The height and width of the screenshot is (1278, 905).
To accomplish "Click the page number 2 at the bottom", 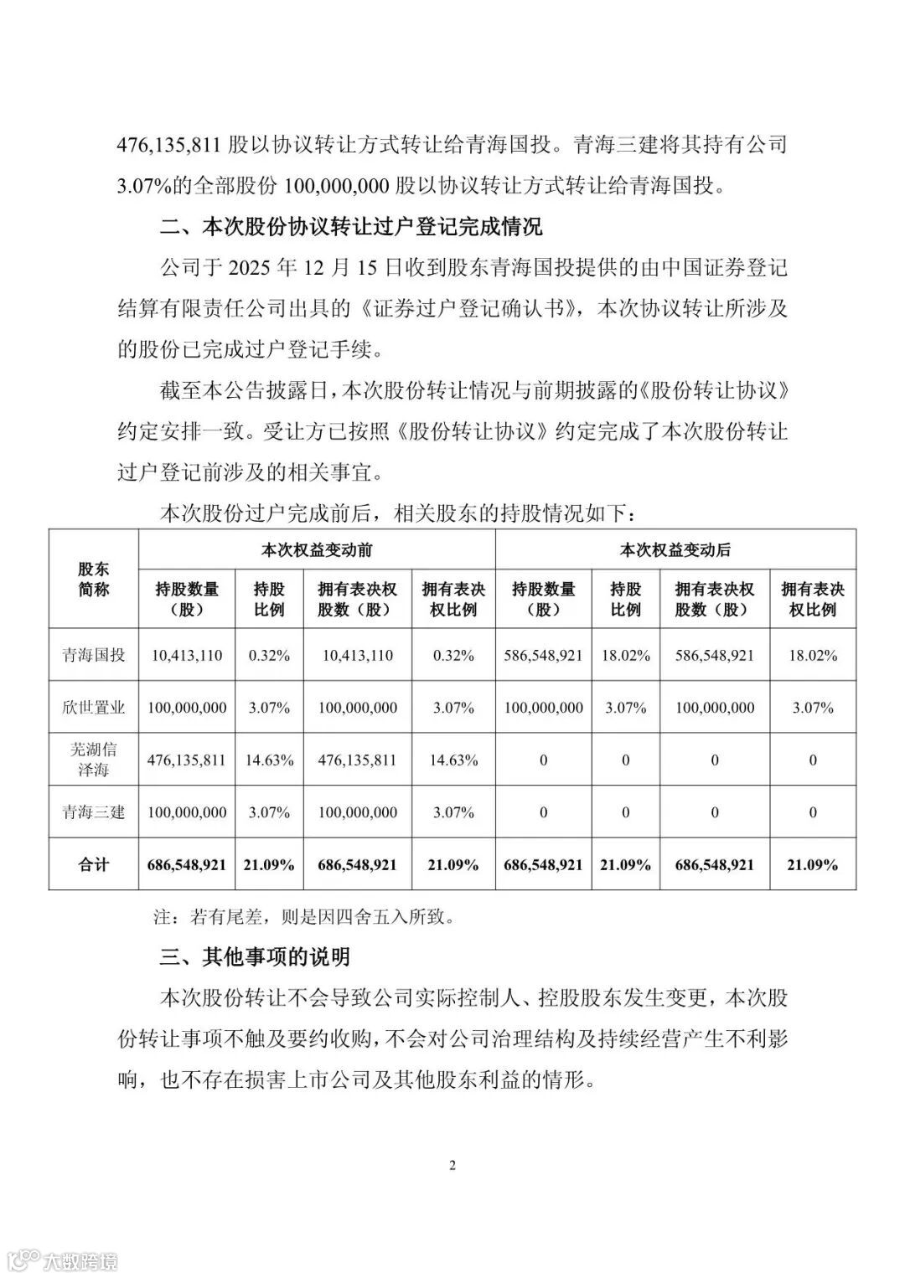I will [x=452, y=1165].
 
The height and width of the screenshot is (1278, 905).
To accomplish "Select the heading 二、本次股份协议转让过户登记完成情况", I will [x=351, y=226].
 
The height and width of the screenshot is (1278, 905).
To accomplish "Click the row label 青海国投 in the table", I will [x=94, y=655].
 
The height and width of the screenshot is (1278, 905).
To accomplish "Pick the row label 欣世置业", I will [x=94, y=708].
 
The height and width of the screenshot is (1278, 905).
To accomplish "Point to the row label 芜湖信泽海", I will [x=94, y=760].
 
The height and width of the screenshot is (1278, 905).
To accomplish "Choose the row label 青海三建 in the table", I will [x=94, y=812].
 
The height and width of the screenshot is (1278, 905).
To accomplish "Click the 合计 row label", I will [x=94, y=864].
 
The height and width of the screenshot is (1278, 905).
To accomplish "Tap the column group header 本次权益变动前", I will [x=317, y=550].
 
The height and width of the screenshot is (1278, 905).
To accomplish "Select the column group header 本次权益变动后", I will [x=675, y=550].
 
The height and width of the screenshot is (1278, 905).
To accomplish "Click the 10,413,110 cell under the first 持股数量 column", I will [x=187, y=655].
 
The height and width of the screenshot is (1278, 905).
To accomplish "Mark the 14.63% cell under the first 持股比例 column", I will [x=269, y=760].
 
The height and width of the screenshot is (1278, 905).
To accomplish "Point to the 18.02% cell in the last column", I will [x=813, y=655].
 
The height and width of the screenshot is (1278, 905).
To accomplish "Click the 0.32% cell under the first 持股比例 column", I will [x=269, y=655].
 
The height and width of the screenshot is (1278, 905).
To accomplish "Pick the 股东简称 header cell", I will [x=94, y=580].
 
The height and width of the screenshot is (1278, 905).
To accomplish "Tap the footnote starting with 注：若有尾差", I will [x=304, y=916].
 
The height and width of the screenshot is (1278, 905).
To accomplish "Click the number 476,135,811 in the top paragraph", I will [x=169, y=144].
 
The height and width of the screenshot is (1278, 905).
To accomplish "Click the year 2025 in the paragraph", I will [x=251, y=268].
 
